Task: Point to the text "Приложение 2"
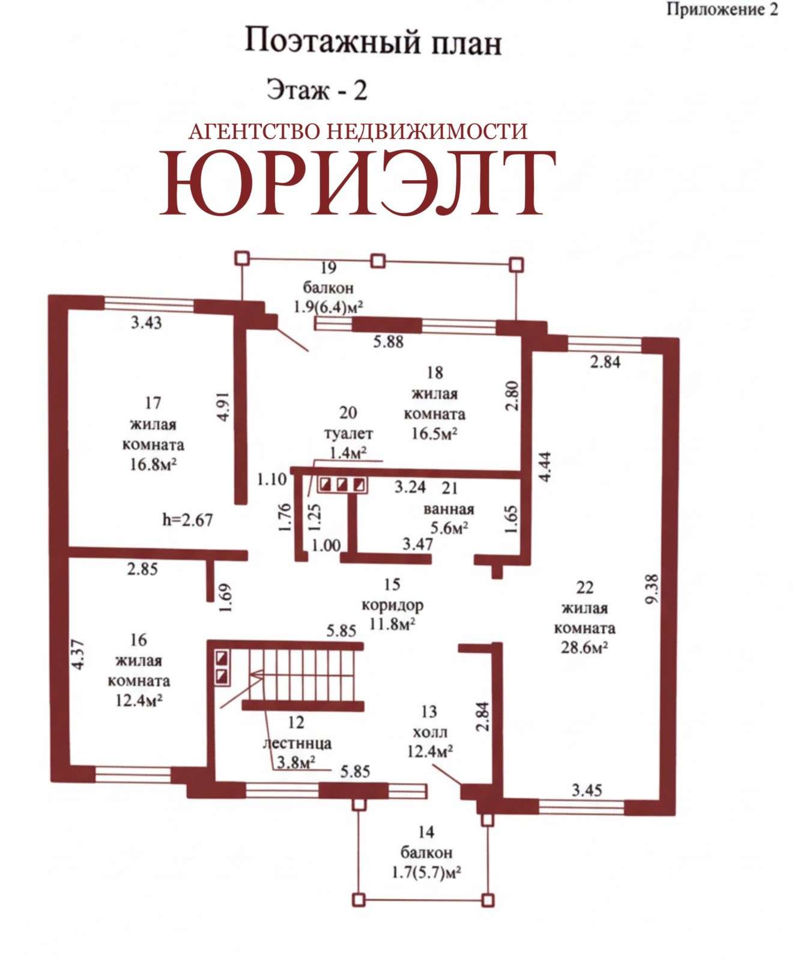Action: click(722, 10)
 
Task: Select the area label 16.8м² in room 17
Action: click(153, 464)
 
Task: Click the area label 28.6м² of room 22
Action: click(584, 647)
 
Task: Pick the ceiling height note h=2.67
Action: click(188, 519)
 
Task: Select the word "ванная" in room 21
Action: click(449, 509)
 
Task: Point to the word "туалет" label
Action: click(348, 433)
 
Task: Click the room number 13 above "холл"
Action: click(429, 712)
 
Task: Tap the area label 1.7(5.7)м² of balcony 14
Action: click(426, 872)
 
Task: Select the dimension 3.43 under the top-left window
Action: click(147, 323)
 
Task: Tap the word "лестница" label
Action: click(297, 743)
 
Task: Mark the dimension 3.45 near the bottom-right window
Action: click(587, 790)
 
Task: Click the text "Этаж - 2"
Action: click(317, 90)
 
